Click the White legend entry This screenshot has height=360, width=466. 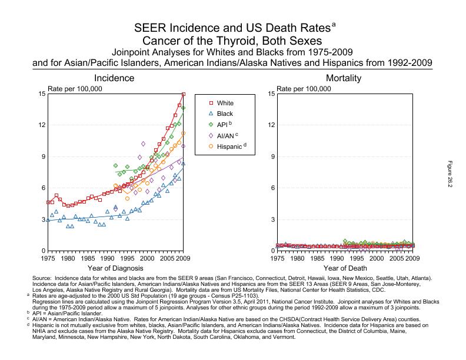coord(225,103)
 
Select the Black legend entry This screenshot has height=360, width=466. coord(225,114)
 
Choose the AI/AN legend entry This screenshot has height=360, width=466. coord(227,135)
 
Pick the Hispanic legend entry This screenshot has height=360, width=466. coord(229,145)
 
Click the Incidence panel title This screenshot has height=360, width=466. coord(115,78)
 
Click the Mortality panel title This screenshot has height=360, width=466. coord(344,78)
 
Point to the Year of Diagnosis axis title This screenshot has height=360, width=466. coord(115,268)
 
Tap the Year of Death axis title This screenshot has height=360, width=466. coord(344,268)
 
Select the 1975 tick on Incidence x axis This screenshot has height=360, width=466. coord(48,258)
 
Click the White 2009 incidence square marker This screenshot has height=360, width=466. coord(184,94)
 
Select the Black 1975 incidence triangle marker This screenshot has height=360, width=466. coord(48,220)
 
